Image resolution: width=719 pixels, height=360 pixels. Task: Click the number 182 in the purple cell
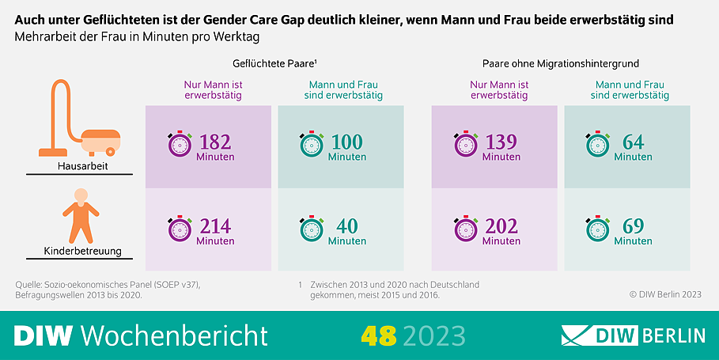pos(215,142)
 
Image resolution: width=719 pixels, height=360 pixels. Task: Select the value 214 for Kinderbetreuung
pos(215,227)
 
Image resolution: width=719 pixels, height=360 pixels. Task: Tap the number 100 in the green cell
pos(346,142)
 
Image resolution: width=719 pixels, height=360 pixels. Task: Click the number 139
pos(501,142)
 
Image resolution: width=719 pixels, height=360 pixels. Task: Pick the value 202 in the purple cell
pos(501,227)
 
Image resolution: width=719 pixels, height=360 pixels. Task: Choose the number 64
pos(633,142)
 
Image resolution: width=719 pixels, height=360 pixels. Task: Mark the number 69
pos(633,227)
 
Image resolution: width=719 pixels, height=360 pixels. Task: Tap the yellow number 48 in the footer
pos(378,335)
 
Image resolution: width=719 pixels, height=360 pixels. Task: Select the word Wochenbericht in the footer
pos(174,335)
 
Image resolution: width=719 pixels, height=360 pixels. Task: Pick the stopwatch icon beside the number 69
pos(597,229)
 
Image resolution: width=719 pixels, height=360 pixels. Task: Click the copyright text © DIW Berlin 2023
pos(665,294)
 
